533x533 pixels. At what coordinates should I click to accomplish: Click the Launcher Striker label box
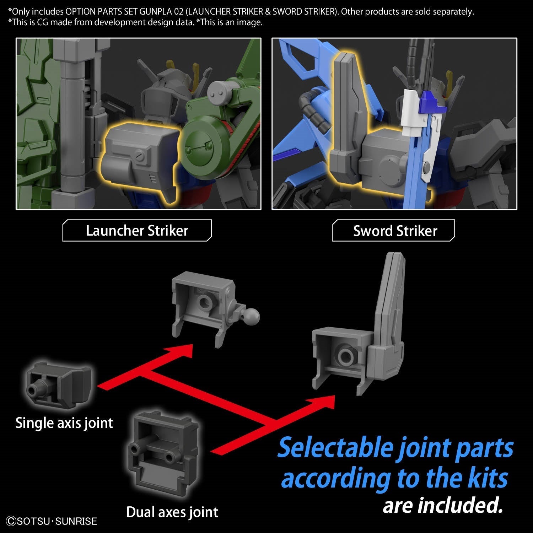(x=137, y=231)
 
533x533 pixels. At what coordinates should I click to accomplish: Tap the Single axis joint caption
(x=64, y=423)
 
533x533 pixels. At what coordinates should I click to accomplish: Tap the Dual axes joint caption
(x=172, y=512)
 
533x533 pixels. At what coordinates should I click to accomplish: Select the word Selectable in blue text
(x=335, y=448)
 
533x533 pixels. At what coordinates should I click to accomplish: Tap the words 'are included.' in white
(x=442, y=505)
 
